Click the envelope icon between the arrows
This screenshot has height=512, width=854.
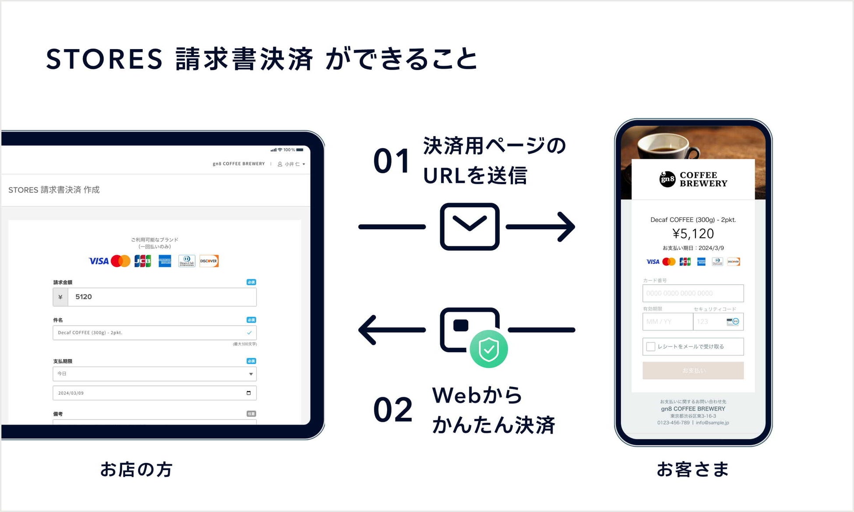click(469, 226)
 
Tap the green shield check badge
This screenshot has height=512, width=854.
click(488, 349)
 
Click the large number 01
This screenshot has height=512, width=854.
click(392, 161)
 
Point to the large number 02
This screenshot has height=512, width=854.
click(392, 410)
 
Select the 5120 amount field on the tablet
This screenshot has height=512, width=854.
click(162, 297)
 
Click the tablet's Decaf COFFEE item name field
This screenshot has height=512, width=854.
click(149, 333)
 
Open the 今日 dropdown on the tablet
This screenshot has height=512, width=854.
click(154, 374)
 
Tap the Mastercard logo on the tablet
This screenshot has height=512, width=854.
click(120, 261)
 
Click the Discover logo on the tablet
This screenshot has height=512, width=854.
click(209, 261)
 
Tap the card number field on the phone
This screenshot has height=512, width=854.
click(693, 293)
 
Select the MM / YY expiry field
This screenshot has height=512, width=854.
click(667, 322)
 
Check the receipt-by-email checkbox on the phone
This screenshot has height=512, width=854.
click(651, 347)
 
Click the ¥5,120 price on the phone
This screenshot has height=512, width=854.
click(693, 234)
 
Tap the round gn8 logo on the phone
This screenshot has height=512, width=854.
click(667, 179)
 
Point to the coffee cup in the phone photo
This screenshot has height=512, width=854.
click(661, 147)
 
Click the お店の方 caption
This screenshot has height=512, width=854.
click(136, 470)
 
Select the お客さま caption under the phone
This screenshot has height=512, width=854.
click(693, 470)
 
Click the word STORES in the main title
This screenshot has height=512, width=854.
click(104, 60)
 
